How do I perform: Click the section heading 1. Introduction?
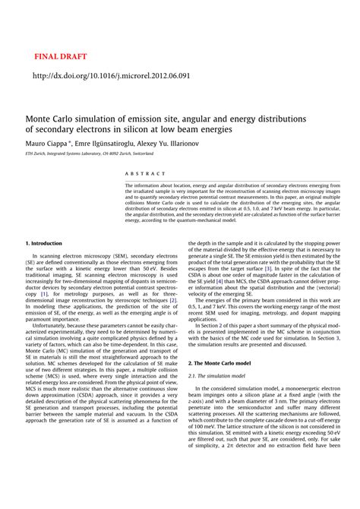point(48,242)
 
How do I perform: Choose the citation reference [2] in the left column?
point(173,299)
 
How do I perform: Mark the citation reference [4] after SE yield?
point(219,281)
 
